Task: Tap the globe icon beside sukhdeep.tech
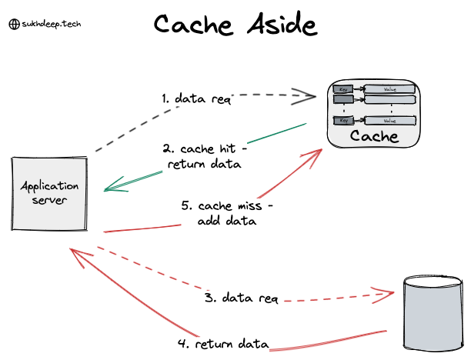pos(13,24)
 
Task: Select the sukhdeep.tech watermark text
pos(51,24)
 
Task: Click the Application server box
pos(49,193)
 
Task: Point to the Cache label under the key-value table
pos(375,137)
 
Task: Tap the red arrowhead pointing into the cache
pos(314,156)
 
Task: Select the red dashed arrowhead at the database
pos(387,293)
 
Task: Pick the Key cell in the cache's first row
pos(343,89)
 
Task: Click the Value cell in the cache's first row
pos(389,89)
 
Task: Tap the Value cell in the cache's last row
pos(389,121)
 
